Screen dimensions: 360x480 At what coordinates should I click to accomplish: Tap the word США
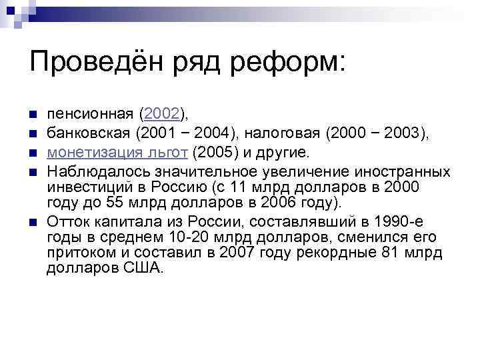pyautogui.click(x=143, y=269)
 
